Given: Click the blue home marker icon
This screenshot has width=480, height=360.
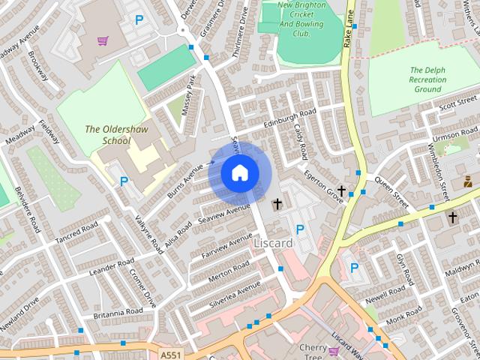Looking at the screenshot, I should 239,172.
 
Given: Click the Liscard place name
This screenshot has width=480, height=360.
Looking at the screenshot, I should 273,243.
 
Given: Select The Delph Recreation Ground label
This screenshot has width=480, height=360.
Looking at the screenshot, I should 427,79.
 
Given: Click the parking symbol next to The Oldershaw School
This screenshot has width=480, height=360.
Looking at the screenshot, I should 124,181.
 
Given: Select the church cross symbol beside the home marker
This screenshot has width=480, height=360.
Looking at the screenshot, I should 277,203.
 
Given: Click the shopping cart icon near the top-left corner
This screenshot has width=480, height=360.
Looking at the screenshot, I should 103,40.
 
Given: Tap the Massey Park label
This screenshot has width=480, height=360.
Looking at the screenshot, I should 191,94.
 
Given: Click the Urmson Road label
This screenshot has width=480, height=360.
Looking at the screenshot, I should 454,137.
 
